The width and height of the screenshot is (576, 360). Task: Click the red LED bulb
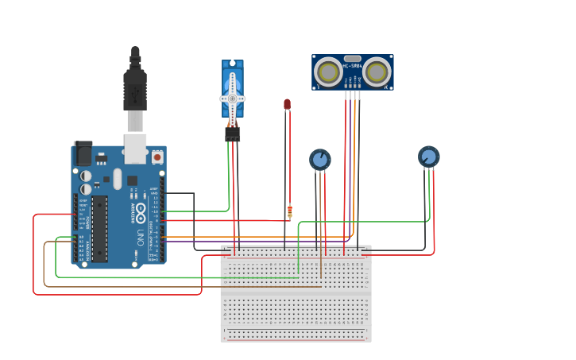point(287,104)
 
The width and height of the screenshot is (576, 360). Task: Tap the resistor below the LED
point(289,211)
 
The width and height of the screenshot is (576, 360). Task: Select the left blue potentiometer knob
point(320,160)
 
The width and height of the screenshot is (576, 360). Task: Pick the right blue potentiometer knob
point(429,157)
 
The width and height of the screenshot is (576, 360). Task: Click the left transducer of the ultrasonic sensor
point(328,72)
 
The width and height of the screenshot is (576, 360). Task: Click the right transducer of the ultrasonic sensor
point(377,72)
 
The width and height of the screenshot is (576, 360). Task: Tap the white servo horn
point(232,98)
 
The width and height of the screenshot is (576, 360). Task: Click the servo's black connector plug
point(232,134)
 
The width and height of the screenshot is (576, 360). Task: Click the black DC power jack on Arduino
point(83,153)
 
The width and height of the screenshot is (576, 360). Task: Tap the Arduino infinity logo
point(140,212)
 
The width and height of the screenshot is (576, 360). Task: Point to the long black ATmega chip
point(99,229)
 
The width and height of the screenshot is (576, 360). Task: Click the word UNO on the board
point(141,238)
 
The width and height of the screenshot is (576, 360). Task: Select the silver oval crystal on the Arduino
point(118,179)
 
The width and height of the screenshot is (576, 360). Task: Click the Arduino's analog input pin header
point(79,248)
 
